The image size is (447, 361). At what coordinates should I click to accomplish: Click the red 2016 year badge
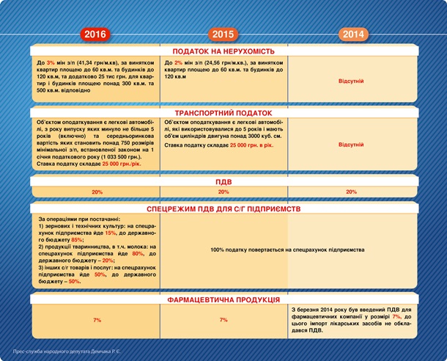96,34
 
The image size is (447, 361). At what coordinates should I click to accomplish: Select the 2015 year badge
223,34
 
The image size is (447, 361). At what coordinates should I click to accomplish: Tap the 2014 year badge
352,34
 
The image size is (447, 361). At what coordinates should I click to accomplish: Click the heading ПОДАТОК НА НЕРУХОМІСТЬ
223,52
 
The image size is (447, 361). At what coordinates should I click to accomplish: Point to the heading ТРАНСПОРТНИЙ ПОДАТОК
223,114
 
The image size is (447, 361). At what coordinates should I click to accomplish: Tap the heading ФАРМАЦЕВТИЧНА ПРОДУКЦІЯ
223,300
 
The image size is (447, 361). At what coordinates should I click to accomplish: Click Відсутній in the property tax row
352,81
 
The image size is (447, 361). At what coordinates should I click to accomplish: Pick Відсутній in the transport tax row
352,145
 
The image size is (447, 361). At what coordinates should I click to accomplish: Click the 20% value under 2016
97,192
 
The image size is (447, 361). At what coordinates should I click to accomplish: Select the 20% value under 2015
223,192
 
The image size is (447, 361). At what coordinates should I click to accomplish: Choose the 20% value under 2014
352,192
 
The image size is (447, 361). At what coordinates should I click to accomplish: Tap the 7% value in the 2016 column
97,321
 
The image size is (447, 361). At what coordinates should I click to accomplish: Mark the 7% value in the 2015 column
223,321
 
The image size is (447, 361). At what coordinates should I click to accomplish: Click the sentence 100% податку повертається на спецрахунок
287,250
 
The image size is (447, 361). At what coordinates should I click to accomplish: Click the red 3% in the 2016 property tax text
51,64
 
